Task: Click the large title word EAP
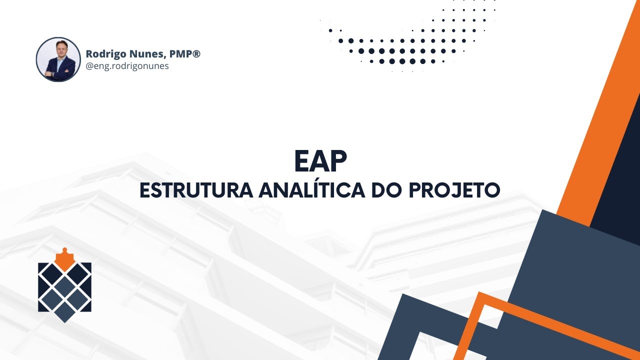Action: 320,161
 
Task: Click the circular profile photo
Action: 58,59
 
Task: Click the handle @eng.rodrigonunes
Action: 127,66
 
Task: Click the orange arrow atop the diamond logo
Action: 64,258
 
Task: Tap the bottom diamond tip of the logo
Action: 64,317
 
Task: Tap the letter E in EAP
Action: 301,161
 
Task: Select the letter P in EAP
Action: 338,161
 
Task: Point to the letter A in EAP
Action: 320,161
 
